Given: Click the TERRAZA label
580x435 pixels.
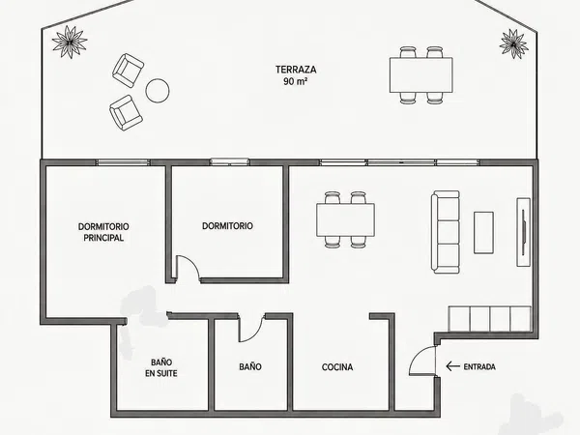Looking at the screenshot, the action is coord(296,70).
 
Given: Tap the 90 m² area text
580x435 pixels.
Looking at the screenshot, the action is coord(296,81).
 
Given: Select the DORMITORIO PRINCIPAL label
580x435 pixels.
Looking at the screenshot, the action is coord(103,232).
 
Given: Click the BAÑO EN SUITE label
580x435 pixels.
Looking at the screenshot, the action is coord(160,367).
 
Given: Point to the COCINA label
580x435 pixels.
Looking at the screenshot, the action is coord(337,367).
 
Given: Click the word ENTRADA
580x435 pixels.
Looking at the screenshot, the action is coord(479,367).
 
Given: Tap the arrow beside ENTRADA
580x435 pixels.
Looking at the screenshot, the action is coord(452,366).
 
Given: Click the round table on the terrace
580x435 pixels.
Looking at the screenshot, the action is coord(158,90).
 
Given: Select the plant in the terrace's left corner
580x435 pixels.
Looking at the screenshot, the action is coord(70,42).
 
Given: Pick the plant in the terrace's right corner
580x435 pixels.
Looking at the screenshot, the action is coord(513,43).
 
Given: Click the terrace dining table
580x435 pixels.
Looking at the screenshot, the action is coord(420,75).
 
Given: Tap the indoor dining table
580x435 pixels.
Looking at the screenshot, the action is coord(345,219).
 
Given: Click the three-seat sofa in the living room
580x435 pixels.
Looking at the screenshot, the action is coord(446,232).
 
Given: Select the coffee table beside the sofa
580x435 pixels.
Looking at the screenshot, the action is coord(484,233).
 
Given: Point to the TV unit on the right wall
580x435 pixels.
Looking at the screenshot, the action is coord(523,232).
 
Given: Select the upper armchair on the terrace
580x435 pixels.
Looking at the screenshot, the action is coord(128,71).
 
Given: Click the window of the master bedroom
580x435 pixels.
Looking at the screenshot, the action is coord(123,162).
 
